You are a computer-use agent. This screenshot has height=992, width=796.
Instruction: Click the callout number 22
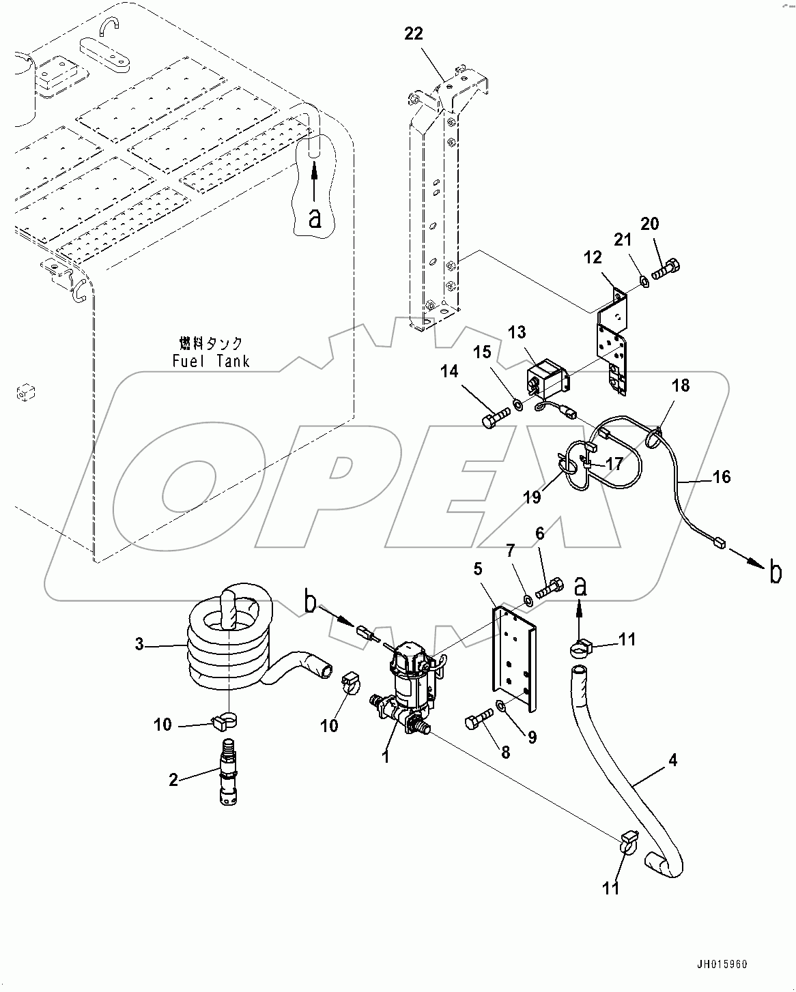pos(414,33)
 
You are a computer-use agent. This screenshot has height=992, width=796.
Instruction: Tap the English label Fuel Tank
pos(211,361)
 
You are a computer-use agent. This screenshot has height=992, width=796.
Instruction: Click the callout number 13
pos(517,332)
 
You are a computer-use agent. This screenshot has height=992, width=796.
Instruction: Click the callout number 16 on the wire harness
pos(721,476)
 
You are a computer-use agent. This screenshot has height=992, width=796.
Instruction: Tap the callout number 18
pos(680,385)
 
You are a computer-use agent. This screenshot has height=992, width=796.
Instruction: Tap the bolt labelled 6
pos(550,587)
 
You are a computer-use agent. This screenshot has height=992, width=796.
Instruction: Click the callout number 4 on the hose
pos(673,759)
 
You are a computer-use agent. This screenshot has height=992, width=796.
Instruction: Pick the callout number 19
pos(532,497)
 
